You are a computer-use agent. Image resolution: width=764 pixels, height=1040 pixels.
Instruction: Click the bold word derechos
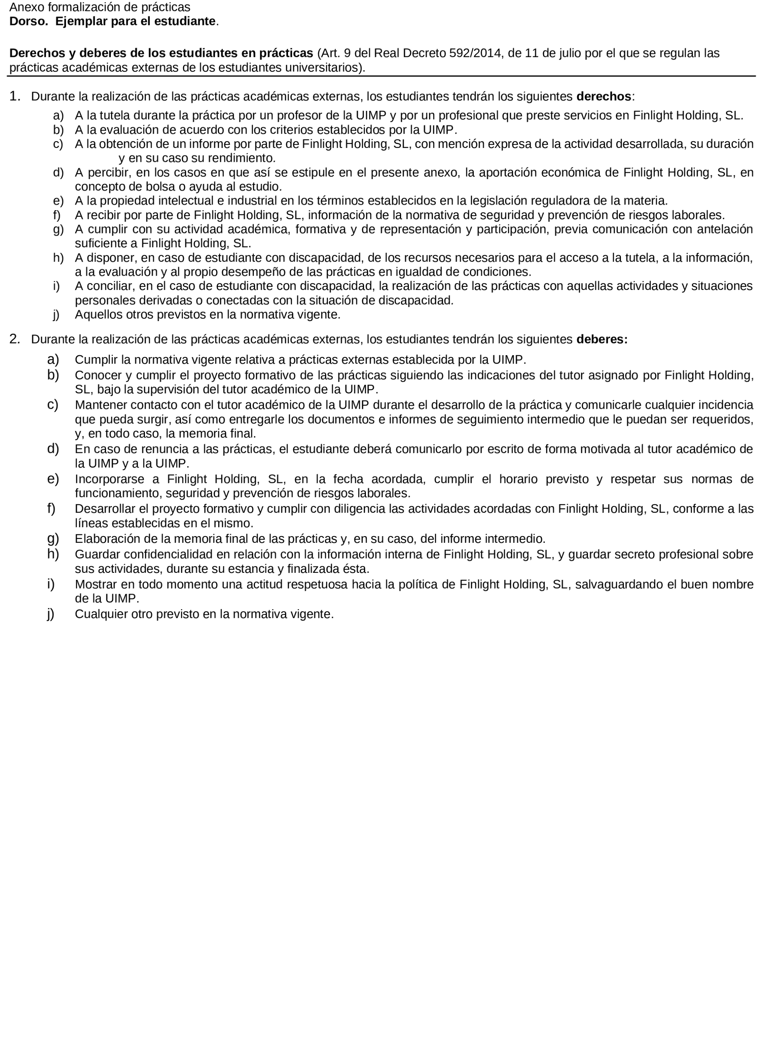point(604,97)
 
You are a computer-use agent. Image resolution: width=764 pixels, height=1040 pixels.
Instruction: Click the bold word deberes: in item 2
point(602,339)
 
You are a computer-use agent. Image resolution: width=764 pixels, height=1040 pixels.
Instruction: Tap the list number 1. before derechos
point(15,96)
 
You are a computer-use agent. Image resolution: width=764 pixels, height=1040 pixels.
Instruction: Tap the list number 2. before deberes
point(15,339)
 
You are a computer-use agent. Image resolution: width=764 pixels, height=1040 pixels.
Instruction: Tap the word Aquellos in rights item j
point(97,315)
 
